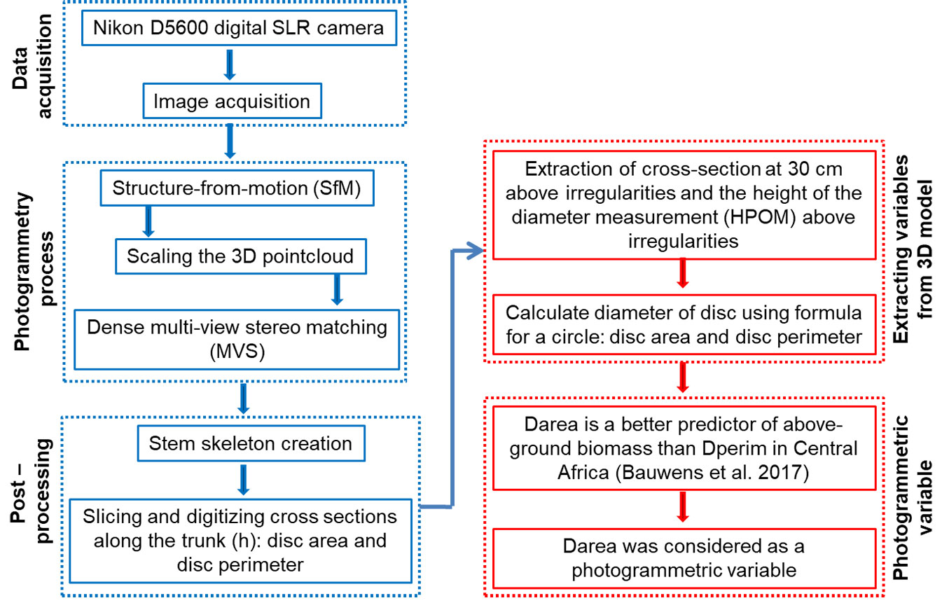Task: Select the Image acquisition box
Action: [231, 102]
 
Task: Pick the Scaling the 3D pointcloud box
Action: [240, 256]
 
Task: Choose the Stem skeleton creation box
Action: [250, 443]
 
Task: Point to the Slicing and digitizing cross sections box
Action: [240, 540]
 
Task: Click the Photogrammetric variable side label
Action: [915, 499]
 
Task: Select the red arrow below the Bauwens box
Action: [684, 508]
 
